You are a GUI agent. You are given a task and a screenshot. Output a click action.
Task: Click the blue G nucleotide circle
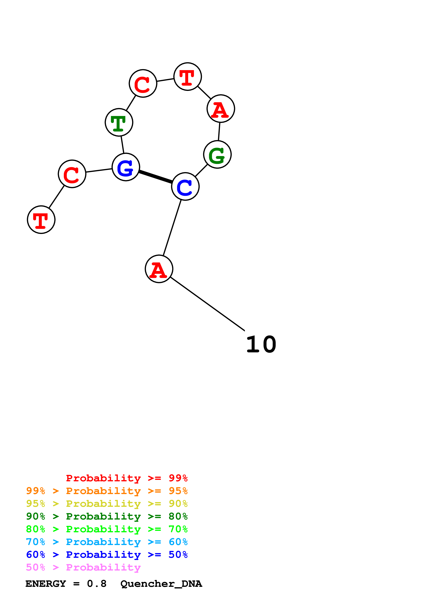click(126, 167)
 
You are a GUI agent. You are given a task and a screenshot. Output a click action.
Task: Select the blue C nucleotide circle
click(185, 186)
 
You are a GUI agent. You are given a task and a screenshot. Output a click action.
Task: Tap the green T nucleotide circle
click(119, 122)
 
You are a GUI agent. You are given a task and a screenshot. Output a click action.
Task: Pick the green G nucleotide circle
click(217, 154)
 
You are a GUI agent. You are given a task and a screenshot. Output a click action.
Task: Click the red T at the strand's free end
click(41, 220)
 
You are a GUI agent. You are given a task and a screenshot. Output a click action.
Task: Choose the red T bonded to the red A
click(187, 77)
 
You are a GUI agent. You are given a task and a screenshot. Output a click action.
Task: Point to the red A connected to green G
click(221, 109)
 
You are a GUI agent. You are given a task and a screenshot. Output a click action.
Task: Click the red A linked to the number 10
click(159, 269)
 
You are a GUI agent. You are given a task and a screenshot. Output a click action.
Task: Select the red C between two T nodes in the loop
click(143, 83)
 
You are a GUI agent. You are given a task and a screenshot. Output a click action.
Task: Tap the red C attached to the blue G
click(72, 174)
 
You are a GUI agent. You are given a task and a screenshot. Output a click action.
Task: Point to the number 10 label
click(261, 344)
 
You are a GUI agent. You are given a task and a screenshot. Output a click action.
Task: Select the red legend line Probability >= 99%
click(127, 478)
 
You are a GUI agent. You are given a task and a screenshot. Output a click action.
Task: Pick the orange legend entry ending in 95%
click(107, 491)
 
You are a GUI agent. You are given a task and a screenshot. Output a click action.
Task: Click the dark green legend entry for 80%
click(107, 516)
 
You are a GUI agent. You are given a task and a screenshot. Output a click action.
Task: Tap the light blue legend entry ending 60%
click(107, 542)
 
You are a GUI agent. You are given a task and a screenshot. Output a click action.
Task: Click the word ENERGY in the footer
click(46, 584)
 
